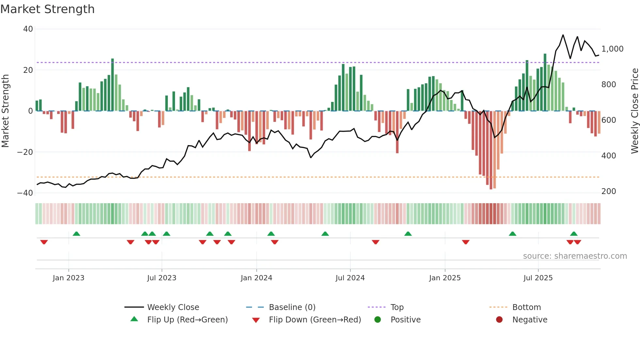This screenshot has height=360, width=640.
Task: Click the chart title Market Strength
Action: [47, 9]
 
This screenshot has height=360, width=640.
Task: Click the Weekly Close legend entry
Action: [173, 307]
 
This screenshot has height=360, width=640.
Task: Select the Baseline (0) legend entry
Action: [292, 307]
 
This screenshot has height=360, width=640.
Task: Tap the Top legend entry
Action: [397, 307]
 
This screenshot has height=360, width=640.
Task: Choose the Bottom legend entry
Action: [526, 307]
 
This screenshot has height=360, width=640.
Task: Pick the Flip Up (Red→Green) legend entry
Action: [187, 319]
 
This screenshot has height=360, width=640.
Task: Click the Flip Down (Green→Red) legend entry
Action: [315, 319]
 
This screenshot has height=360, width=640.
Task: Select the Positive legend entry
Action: [405, 319]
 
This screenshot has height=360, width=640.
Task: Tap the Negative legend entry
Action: [529, 319]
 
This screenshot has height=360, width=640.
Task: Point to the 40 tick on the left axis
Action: [28, 29]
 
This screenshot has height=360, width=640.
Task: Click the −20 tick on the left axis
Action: [25, 152]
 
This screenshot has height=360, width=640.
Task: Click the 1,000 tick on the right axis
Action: [612, 49]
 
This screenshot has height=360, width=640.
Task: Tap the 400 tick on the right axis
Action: [609, 156]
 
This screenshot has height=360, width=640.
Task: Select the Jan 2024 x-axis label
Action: [256, 278]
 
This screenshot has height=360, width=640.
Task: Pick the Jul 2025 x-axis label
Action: [538, 278]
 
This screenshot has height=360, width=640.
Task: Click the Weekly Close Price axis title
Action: [634, 111]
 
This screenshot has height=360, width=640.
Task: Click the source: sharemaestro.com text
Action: [575, 256]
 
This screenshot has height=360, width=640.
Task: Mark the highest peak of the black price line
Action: [563, 35]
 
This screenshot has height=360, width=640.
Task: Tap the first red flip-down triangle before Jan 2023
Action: [44, 242]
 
